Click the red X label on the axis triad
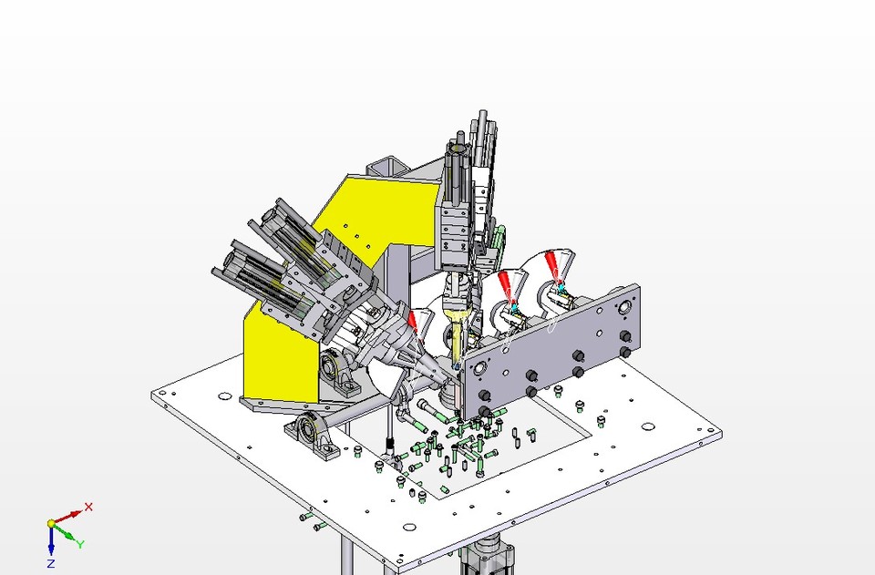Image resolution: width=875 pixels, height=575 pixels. coord(88,507)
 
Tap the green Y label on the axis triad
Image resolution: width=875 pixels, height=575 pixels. coord(80,544)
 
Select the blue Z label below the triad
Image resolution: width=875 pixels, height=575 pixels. coord(51,565)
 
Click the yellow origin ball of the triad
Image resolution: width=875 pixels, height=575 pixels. coord(51,524)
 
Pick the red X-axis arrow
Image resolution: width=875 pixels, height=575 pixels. coord(68,516)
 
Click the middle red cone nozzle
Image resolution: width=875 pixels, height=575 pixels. coord(503,282)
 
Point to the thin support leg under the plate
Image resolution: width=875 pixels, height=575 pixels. coord(347,555)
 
